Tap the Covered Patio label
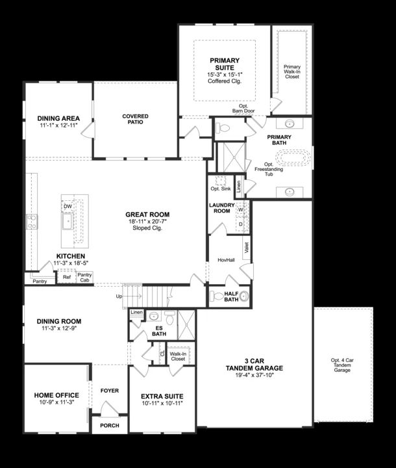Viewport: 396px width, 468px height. coord(135,120)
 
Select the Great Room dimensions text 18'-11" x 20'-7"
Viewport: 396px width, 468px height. coord(147,222)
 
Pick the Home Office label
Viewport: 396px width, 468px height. coord(56,395)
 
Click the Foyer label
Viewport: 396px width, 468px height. coord(109,391)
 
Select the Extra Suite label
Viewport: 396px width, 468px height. coord(162,396)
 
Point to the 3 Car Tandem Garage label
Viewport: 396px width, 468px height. coord(254,364)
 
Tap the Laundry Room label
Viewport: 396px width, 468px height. coord(221,208)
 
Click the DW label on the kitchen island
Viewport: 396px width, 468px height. coord(68,206)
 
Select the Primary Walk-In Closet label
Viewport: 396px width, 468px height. coord(292,71)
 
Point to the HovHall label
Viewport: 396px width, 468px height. coord(225,259)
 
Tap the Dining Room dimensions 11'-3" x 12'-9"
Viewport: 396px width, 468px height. coord(58,329)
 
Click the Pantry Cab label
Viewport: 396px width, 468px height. coord(84,278)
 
